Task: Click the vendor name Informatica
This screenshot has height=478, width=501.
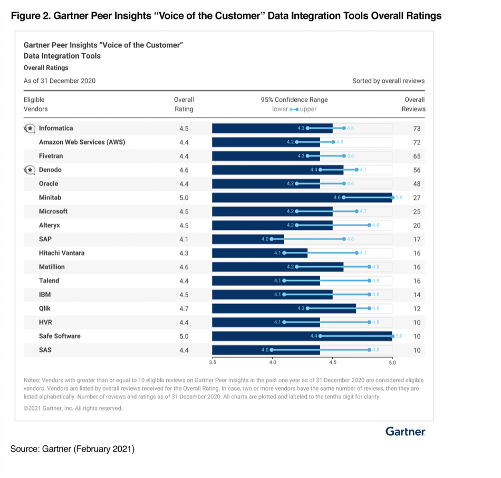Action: (x=56, y=128)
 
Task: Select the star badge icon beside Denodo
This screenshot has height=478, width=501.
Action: (x=30, y=170)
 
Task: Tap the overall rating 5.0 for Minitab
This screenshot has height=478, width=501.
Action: (x=184, y=198)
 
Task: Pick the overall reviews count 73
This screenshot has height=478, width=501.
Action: (x=417, y=129)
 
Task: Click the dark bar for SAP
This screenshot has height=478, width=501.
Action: (x=248, y=239)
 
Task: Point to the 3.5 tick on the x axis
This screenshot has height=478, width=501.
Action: (x=213, y=363)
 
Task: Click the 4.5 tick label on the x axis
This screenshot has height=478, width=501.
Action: (x=332, y=363)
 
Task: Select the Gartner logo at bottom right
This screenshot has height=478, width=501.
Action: (x=405, y=432)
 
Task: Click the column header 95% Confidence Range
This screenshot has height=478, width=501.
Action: (x=294, y=100)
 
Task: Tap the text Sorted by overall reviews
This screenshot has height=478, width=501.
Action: (x=388, y=81)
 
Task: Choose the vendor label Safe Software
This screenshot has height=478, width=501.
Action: (x=60, y=336)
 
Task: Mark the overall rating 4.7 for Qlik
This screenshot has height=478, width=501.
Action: (x=184, y=308)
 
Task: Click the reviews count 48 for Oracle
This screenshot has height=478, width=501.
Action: (x=417, y=184)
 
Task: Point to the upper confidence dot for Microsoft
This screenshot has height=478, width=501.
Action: (x=357, y=211)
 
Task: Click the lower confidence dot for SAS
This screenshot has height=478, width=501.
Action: (x=272, y=349)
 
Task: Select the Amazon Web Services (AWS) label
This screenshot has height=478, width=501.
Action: (x=82, y=142)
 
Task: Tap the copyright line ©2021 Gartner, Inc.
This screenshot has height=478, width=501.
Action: (x=73, y=408)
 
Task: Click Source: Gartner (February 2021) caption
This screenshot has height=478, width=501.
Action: (x=72, y=449)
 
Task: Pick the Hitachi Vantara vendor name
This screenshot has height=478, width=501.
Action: (x=62, y=253)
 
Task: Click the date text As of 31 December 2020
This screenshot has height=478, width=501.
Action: (x=60, y=81)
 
